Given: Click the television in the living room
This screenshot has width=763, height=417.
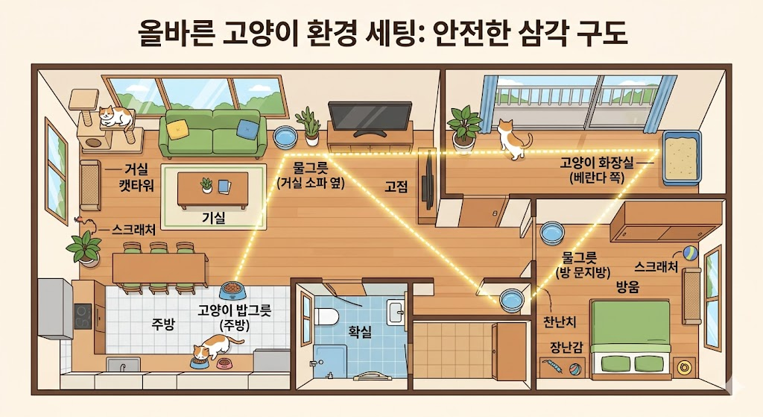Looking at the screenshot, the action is pyautogui.click(x=370, y=117).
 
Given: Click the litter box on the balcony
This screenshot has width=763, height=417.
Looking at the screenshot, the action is pyautogui.click(x=682, y=159).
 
